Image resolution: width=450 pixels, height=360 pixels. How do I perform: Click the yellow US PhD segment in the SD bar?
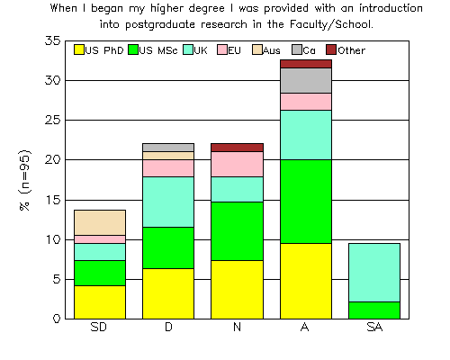point(100,302)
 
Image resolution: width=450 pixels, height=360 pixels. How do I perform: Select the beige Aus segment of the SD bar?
point(100,222)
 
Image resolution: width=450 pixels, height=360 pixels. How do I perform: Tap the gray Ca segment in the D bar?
point(168,148)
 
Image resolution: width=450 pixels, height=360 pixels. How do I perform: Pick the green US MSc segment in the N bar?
point(237,231)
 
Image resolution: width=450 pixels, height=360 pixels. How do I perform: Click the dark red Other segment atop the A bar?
point(306,64)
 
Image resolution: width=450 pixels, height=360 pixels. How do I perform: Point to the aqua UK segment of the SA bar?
point(374,273)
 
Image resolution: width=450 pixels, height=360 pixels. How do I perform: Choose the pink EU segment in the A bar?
point(306,102)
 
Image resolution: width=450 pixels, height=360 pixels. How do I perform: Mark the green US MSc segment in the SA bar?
point(374,310)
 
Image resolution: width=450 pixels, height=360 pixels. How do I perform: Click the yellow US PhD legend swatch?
point(79,49)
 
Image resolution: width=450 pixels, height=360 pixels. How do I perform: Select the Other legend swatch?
point(331,49)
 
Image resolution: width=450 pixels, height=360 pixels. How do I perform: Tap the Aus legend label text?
point(272,50)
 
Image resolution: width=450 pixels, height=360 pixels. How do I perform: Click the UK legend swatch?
point(188,49)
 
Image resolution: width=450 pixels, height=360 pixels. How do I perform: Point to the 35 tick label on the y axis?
point(53,40)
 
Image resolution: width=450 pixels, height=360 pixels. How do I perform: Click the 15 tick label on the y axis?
point(53,200)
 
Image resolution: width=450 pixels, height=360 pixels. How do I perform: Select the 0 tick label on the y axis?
point(57,319)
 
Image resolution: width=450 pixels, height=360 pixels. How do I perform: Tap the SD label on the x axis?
point(99,327)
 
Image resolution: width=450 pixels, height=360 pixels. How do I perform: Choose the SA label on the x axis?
point(374,327)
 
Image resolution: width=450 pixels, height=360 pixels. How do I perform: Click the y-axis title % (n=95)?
point(25,180)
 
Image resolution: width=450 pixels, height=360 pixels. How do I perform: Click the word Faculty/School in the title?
point(331,24)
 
